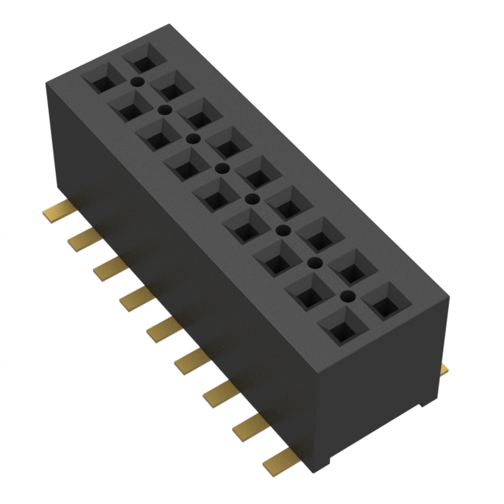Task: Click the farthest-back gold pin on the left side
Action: click(x=53, y=210)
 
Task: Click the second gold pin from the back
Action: click(x=80, y=236)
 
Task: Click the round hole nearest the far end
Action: click(x=136, y=81)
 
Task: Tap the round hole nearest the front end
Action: click(x=346, y=297)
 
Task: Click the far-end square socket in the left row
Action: click(x=99, y=80)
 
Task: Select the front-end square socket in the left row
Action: click(x=338, y=324)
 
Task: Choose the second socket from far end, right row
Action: click(x=169, y=84)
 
